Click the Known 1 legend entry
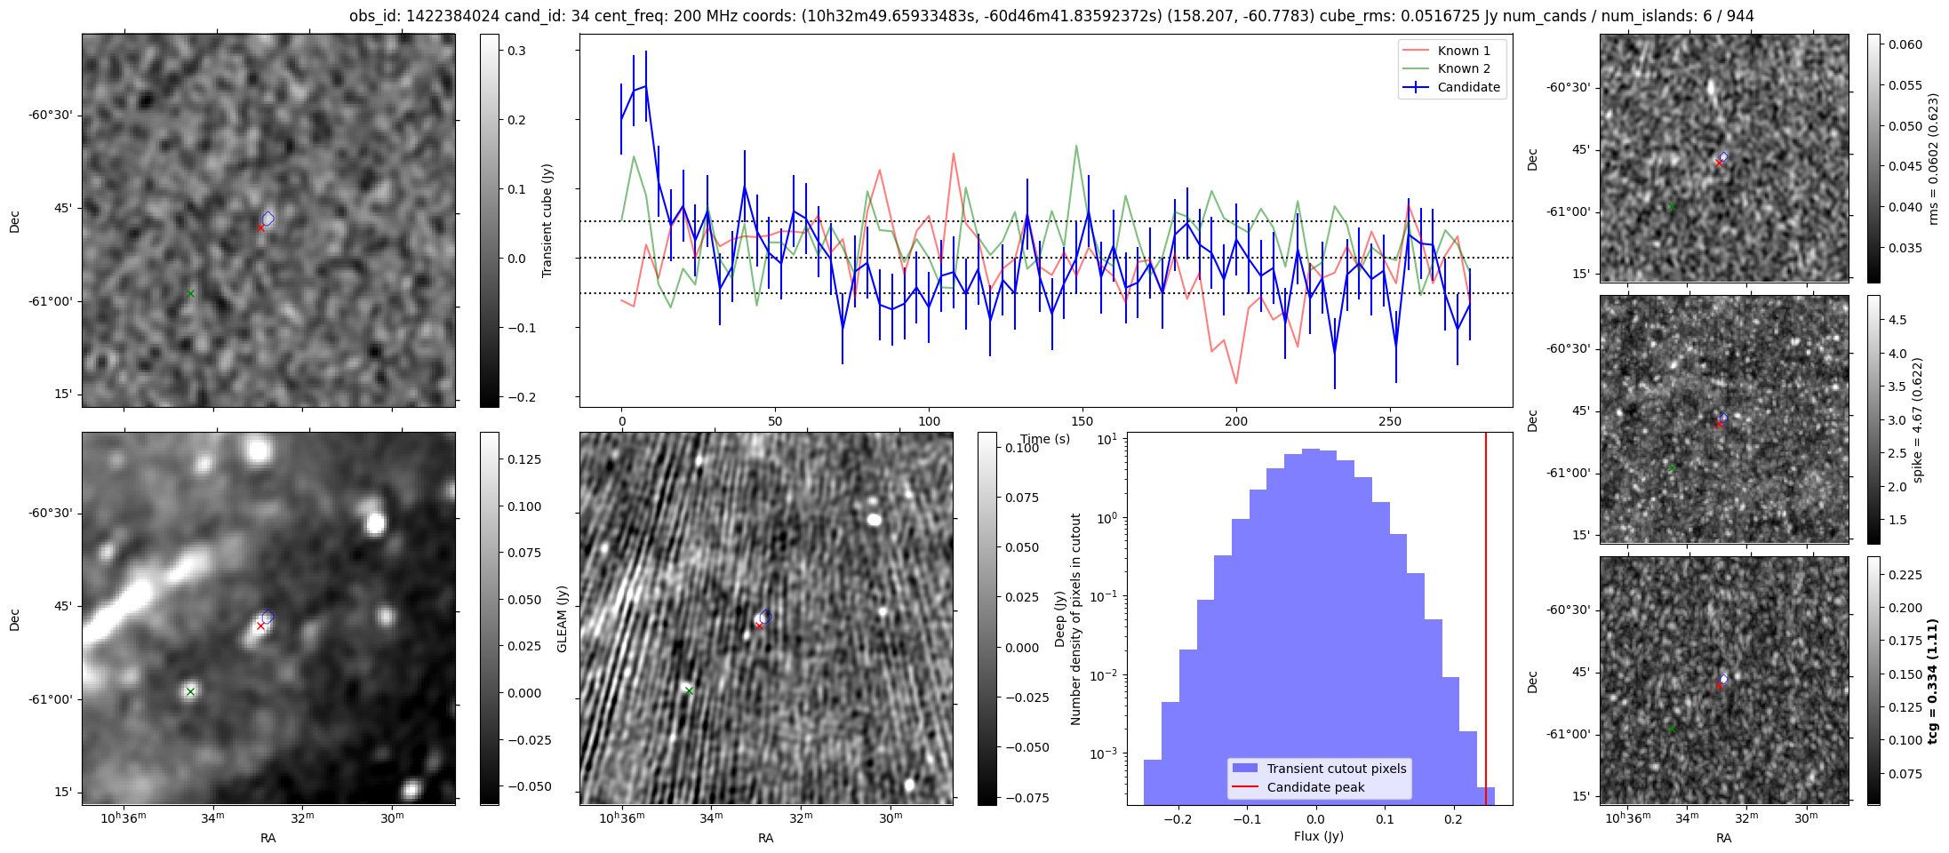[1463, 51]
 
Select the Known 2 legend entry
[1463, 68]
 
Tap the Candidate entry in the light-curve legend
[1468, 87]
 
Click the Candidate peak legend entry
[1315, 787]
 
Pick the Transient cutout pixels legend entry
[1336, 769]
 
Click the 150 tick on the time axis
[1082, 421]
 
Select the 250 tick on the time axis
[1389, 421]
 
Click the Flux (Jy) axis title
[1319, 836]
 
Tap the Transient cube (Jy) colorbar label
[547, 220]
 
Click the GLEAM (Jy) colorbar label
[562, 618]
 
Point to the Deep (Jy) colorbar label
[1059, 618]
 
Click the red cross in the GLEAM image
[260, 626]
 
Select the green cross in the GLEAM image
[190, 691]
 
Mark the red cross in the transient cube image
[260, 227]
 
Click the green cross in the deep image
[689, 690]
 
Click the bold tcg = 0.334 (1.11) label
[1933, 681]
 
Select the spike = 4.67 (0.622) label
[1918, 419]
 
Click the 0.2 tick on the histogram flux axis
[1453, 819]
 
